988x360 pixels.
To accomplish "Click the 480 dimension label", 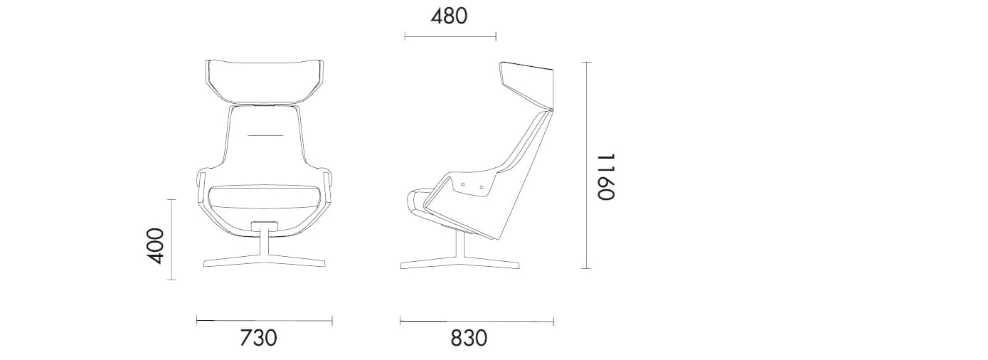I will (x=450, y=16).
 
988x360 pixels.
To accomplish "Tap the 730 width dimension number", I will (x=257, y=338).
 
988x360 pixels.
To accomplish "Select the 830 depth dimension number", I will (x=469, y=338).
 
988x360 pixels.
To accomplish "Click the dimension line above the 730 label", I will (x=264, y=322).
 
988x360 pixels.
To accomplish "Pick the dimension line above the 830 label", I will (x=477, y=322).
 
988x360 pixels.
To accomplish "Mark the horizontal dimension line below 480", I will (x=450, y=36).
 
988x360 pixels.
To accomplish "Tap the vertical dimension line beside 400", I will (x=171, y=239).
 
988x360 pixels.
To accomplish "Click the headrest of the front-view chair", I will (x=263, y=80).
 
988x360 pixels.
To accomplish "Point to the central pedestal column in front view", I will (x=265, y=242).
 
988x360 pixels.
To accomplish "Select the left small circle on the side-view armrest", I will (x=463, y=184).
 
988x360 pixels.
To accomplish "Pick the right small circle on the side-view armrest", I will (x=482, y=188).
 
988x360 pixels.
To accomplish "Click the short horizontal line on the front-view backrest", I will (x=265, y=134).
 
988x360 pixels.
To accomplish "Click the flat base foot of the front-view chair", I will (x=265, y=265).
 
